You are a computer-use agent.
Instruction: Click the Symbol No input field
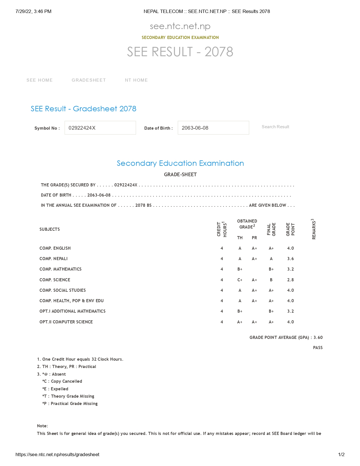coord(100,128)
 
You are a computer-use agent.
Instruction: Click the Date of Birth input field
coord(213,128)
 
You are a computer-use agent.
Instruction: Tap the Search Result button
coord(275,127)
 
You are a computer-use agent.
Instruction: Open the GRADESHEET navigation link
coord(89,80)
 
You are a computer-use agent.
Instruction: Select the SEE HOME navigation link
coord(40,80)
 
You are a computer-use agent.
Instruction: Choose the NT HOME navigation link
coord(136,80)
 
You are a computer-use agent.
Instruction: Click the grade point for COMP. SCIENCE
coord(290,280)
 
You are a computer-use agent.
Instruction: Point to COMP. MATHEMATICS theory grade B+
coord(240,269)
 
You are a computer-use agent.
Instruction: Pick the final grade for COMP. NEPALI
coord(271,259)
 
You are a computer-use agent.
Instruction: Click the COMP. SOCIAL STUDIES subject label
coord(62,290)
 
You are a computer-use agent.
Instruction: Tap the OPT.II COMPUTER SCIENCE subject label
coord(66,322)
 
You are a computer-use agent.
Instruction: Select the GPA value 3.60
coord(318,337)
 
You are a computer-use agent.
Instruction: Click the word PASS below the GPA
coord(318,348)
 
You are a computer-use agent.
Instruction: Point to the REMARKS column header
coord(313,229)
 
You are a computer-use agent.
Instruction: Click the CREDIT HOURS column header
coord(222,229)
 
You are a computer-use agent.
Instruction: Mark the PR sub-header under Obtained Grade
coord(254,238)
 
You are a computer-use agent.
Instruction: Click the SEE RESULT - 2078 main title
coord(180,52)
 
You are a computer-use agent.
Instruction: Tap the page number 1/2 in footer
coord(341,454)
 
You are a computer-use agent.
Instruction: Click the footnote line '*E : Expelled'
coord(55,389)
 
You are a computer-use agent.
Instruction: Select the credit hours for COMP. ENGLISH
coord(222,248)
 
